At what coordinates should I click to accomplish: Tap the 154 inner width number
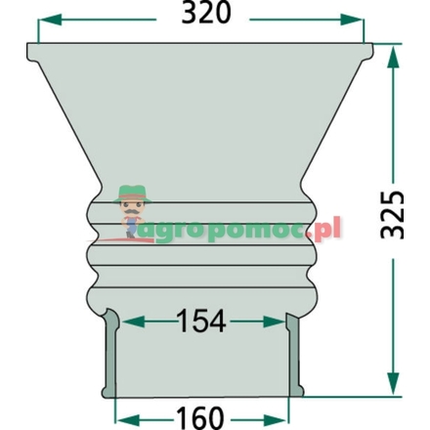tap(202, 320)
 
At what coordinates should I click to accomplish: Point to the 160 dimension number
tap(202, 416)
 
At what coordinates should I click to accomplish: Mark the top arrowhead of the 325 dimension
tap(395, 54)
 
